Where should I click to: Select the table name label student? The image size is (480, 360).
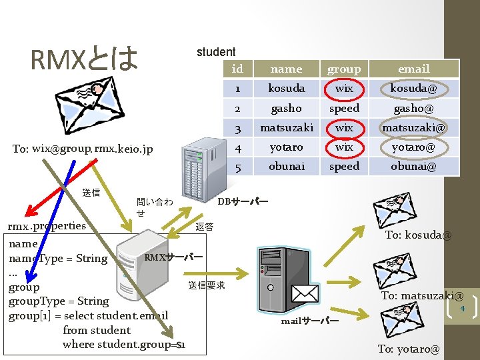point(215,52)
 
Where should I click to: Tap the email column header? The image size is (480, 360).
point(413,69)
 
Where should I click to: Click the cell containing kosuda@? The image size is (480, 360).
point(413,88)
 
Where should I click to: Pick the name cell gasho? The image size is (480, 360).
point(286,108)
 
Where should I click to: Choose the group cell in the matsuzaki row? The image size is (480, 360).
point(344,127)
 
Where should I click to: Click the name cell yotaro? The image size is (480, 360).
point(286,147)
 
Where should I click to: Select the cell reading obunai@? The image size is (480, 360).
point(413,166)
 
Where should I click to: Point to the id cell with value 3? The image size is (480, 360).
point(237,127)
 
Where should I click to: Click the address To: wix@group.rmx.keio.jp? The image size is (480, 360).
point(83,149)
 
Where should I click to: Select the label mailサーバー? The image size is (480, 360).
point(309,321)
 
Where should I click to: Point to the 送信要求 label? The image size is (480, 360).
point(207,285)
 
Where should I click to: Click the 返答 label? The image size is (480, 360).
point(205,227)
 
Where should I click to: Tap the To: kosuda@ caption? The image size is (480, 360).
point(418,235)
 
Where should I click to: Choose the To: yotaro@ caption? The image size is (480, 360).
point(408,349)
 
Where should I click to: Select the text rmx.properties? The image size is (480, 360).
point(46,225)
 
